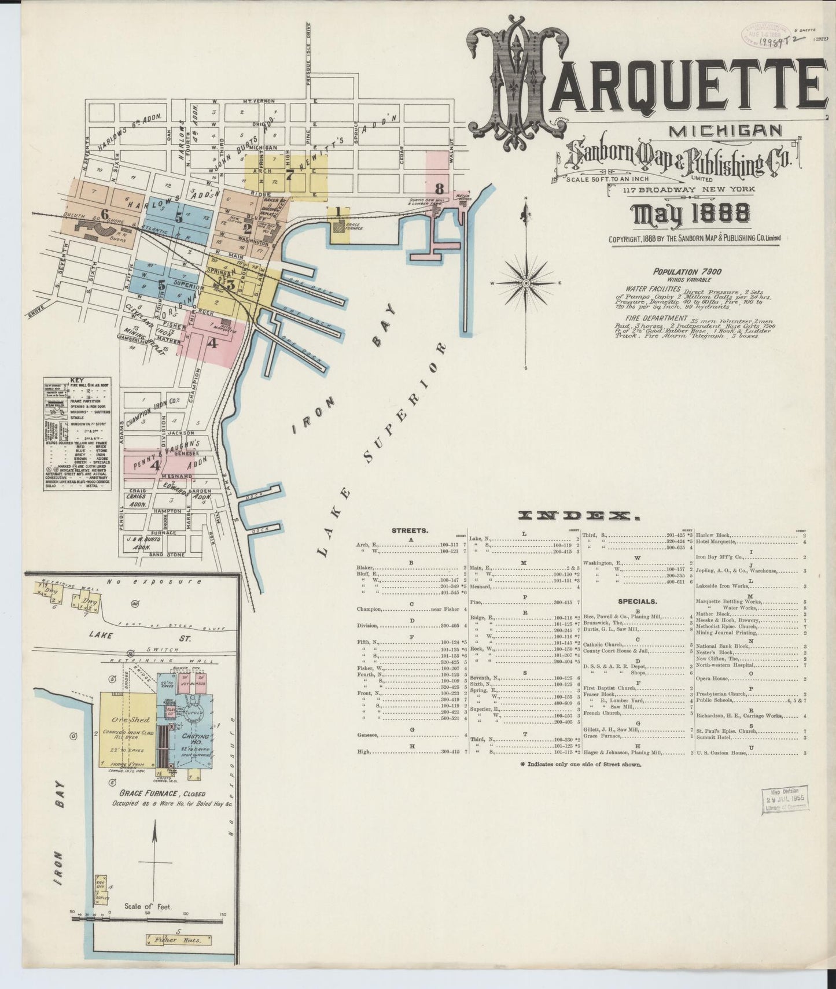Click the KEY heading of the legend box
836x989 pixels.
(76, 381)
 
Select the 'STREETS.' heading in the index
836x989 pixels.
(410, 530)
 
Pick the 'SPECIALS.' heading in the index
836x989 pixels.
(637, 600)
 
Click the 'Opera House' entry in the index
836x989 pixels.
(710, 678)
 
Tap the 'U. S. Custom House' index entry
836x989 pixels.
(723, 753)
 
